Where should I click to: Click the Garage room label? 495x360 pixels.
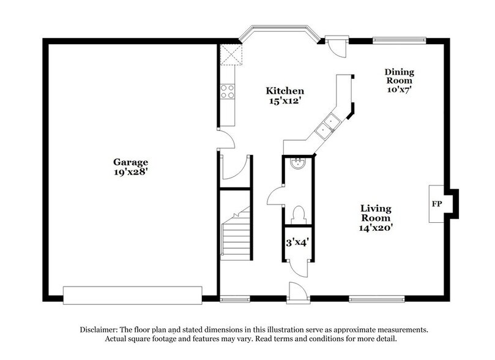(130, 162)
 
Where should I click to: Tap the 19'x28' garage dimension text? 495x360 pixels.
(130, 173)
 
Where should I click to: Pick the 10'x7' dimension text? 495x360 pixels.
(398, 89)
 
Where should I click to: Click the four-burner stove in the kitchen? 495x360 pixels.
(227, 91)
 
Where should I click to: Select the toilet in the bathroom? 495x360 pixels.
(299, 214)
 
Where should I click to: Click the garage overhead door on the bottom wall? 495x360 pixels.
(132, 294)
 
